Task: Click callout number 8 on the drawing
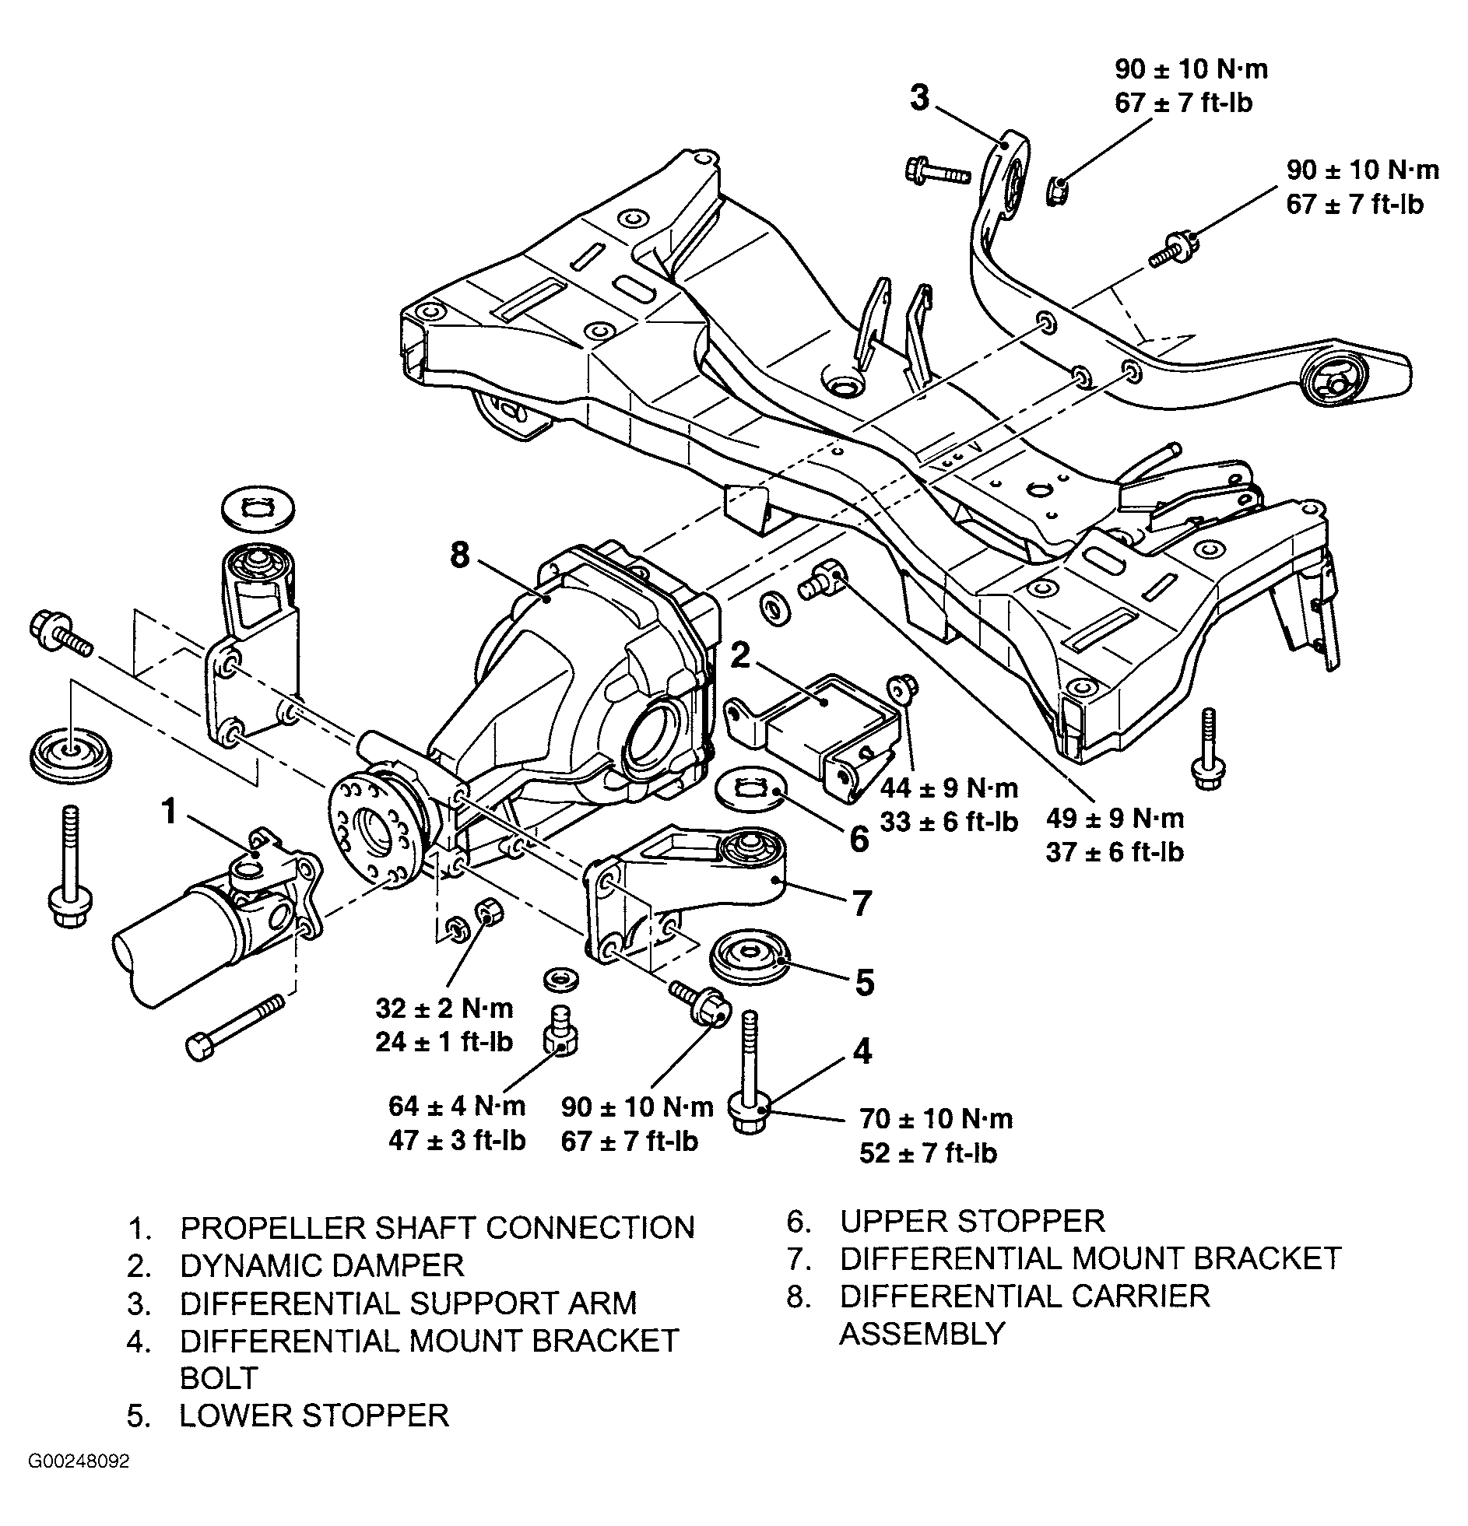tap(460, 554)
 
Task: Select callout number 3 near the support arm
tap(920, 99)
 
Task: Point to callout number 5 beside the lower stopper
tap(865, 983)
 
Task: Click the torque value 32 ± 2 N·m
tap(444, 1009)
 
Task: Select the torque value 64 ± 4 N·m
tap(457, 1106)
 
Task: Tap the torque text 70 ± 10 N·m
tap(936, 1119)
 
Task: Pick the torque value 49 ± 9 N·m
tap(1115, 818)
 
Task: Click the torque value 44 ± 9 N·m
tap(949, 788)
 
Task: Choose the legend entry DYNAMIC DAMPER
tap(322, 1265)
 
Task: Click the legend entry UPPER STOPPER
tap(972, 1221)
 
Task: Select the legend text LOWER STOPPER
tap(314, 1415)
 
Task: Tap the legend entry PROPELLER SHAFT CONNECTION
tap(437, 1228)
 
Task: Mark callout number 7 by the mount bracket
tap(862, 903)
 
